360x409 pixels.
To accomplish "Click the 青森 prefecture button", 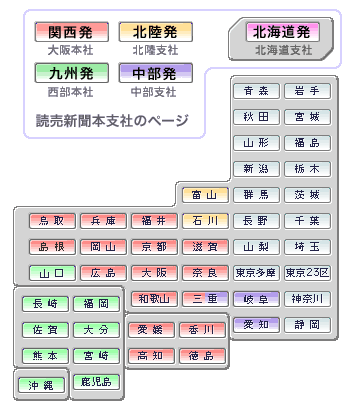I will point(256,91).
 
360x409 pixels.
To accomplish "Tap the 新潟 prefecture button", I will point(256,168).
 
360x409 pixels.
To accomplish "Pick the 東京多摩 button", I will point(256,272).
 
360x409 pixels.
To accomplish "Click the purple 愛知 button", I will point(256,324).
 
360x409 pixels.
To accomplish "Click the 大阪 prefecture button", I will point(154,272).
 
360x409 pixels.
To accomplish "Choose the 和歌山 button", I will point(154,298).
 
